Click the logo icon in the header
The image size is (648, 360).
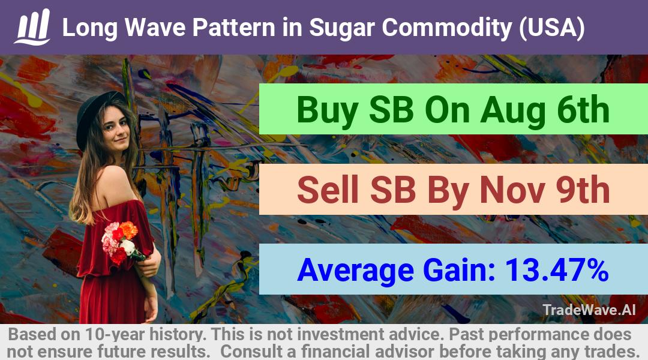tap(32, 27)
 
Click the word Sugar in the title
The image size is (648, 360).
tap(342, 28)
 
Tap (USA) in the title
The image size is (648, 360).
tap(552, 28)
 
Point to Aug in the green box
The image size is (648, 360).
tap(512, 110)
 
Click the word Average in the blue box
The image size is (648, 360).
tap(355, 271)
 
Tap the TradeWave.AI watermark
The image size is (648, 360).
tap(589, 310)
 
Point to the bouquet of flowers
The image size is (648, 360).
tap(120, 242)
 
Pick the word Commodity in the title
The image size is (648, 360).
tap(447, 28)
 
